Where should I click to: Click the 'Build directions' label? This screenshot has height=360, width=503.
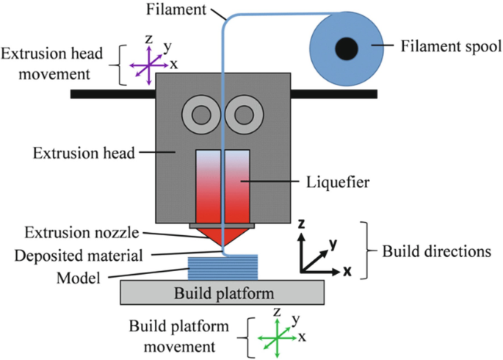(436, 251)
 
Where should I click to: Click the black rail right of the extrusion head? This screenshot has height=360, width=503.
(334, 94)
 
